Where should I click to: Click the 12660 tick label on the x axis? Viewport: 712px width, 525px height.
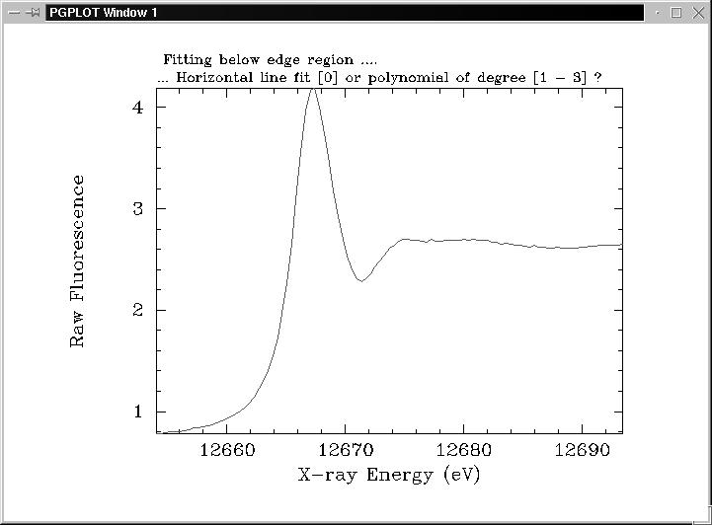[x=227, y=450]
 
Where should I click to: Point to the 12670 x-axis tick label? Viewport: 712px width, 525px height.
[x=345, y=450]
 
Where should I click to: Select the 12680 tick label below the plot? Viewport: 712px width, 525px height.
[x=462, y=450]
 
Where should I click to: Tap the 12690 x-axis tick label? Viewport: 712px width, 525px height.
[x=580, y=450]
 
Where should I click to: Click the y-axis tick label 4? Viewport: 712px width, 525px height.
[x=137, y=107]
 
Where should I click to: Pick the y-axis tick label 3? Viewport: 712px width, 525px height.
[x=137, y=208]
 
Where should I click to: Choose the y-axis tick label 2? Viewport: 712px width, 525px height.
[x=137, y=310]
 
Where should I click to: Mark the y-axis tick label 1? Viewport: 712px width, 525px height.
[x=137, y=412]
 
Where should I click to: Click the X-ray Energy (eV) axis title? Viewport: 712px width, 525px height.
[x=389, y=475]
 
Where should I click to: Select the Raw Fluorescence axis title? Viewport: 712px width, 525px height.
[x=77, y=261]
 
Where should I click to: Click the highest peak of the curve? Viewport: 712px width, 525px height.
[x=312, y=90]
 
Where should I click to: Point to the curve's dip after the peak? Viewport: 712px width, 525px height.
[x=362, y=281]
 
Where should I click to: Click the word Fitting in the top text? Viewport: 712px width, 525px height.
[x=188, y=60]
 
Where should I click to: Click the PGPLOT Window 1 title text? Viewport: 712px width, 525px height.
[x=103, y=13]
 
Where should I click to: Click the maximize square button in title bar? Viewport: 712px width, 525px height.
[x=676, y=13]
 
